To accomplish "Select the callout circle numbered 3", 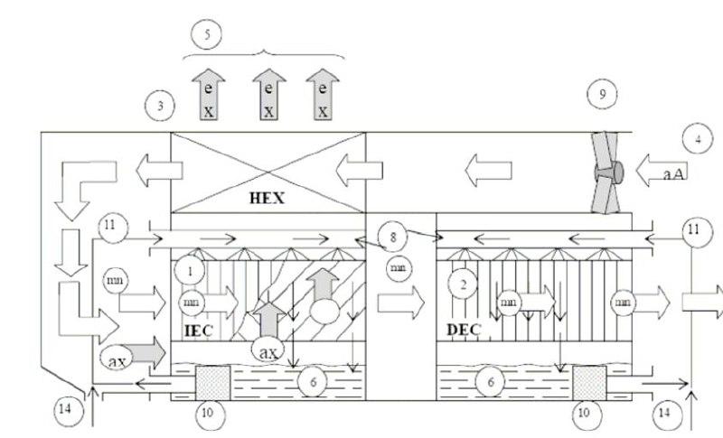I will tap(159, 107).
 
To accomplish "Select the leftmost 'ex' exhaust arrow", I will tap(209, 95).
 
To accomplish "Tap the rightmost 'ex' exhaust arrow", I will tap(322, 95).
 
